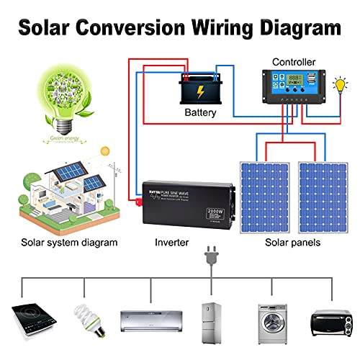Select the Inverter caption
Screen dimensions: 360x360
click(x=172, y=243)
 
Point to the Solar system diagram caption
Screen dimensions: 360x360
click(x=69, y=243)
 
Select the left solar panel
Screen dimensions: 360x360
click(x=264, y=194)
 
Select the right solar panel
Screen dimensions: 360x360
click(x=323, y=194)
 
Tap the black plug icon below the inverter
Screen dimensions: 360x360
click(x=212, y=256)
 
